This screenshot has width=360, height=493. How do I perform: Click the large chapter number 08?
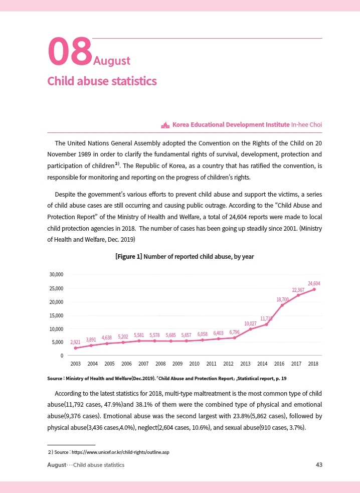point(70,52)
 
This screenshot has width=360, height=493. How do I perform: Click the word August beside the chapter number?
point(112,61)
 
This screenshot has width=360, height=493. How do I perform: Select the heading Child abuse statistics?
point(102,81)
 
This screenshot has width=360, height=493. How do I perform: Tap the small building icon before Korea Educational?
point(165,124)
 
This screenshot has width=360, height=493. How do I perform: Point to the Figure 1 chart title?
point(185,257)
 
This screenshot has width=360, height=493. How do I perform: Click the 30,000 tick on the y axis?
point(56,275)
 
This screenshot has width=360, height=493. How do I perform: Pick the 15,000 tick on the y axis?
point(56,315)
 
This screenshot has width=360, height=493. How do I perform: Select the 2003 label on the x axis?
point(76,364)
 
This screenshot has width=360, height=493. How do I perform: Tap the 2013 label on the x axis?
point(246,364)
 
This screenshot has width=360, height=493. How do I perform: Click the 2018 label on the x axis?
point(313,364)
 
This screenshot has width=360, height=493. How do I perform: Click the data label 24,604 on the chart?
point(314,284)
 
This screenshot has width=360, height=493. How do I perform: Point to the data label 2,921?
point(75,342)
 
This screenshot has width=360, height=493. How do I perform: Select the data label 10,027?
point(250,323)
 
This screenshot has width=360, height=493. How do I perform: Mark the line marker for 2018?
point(314,289)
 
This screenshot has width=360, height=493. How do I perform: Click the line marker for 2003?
point(76,348)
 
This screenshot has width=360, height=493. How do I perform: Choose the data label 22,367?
point(298,290)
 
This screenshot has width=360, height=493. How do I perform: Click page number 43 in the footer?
point(319,465)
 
